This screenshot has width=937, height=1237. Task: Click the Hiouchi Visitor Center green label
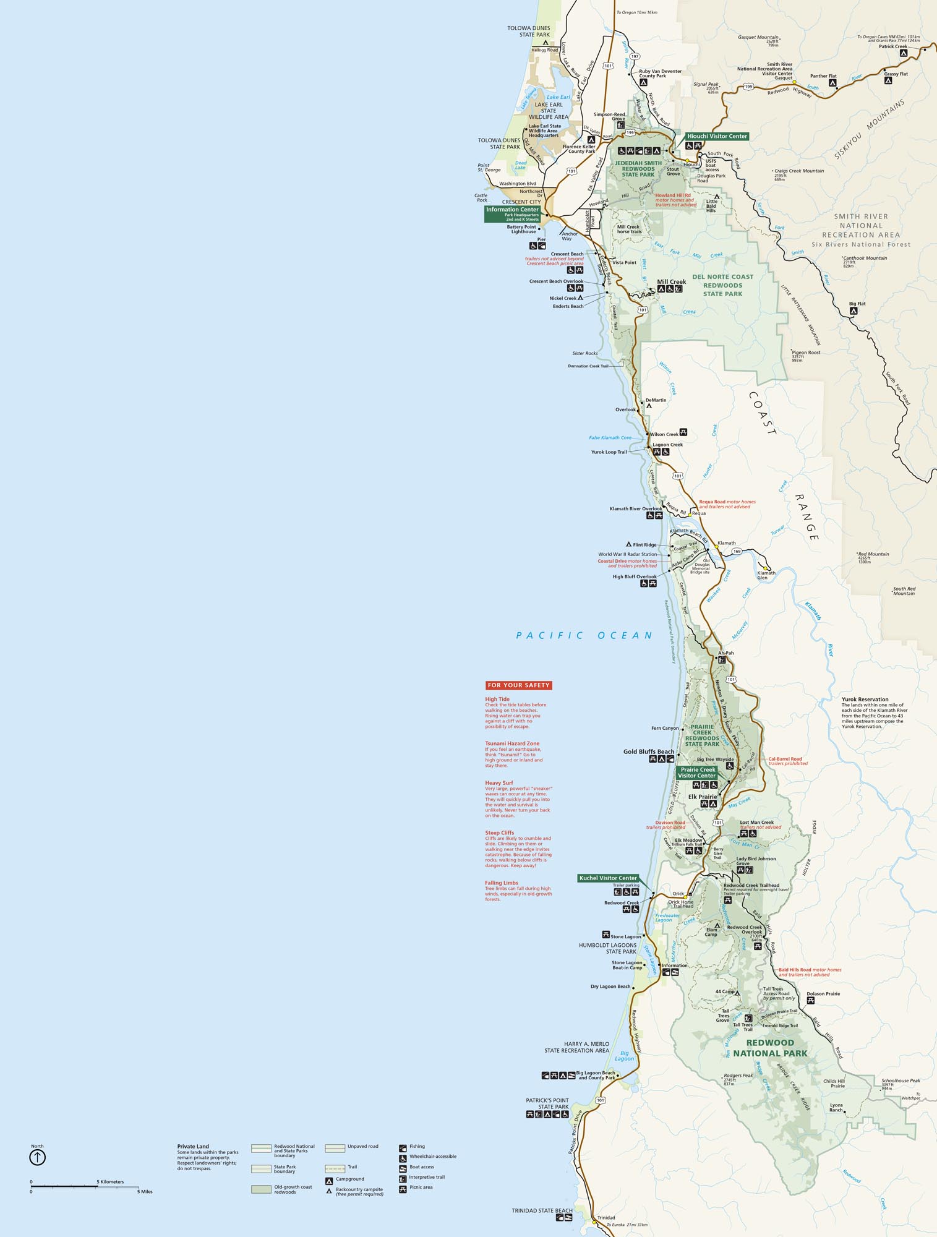(x=717, y=136)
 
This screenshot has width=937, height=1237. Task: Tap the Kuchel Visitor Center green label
(x=608, y=878)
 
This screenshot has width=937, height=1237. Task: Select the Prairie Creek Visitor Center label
(x=697, y=773)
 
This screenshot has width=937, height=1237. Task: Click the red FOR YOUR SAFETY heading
(x=518, y=685)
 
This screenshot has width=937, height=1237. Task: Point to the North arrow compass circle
(x=37, y=1157)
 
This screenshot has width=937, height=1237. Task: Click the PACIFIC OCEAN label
(x=584, y=635)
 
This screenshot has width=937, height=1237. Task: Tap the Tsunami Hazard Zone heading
(x=512, y=743)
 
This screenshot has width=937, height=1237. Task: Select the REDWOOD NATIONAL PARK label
(x=770, y=1048)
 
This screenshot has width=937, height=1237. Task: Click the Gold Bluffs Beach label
(x=648, y=751)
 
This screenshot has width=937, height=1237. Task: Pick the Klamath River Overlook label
(x=635, y=509)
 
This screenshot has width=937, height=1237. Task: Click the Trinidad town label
(x=606, y=1218)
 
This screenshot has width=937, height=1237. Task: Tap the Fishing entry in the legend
(x=417, y=1146)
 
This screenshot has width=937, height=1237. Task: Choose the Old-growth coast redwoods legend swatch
(x=261, y=1189)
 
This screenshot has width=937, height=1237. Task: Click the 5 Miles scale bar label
(x=145, y=1192)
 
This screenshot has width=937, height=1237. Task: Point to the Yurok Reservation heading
(x=865, y=700)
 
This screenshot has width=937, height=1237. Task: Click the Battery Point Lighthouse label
(x=521, y=229)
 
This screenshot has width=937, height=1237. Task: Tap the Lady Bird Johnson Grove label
(x=756, y=861)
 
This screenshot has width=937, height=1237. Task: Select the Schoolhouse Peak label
(x=901, y=1081)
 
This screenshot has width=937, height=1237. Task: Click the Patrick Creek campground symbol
(x=903, y=54)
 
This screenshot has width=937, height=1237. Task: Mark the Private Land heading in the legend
(x=193, y=1146)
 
